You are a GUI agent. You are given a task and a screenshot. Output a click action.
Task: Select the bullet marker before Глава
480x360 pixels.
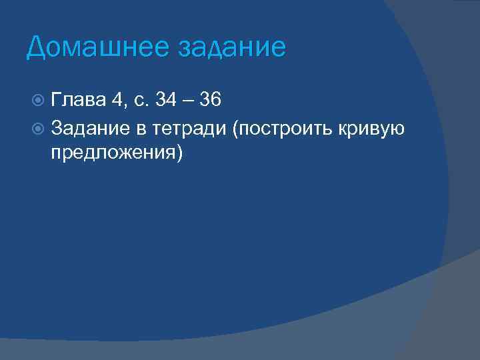tap(39, 101)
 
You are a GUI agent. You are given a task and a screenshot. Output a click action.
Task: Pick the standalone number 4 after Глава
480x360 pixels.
tap(117, 101)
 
